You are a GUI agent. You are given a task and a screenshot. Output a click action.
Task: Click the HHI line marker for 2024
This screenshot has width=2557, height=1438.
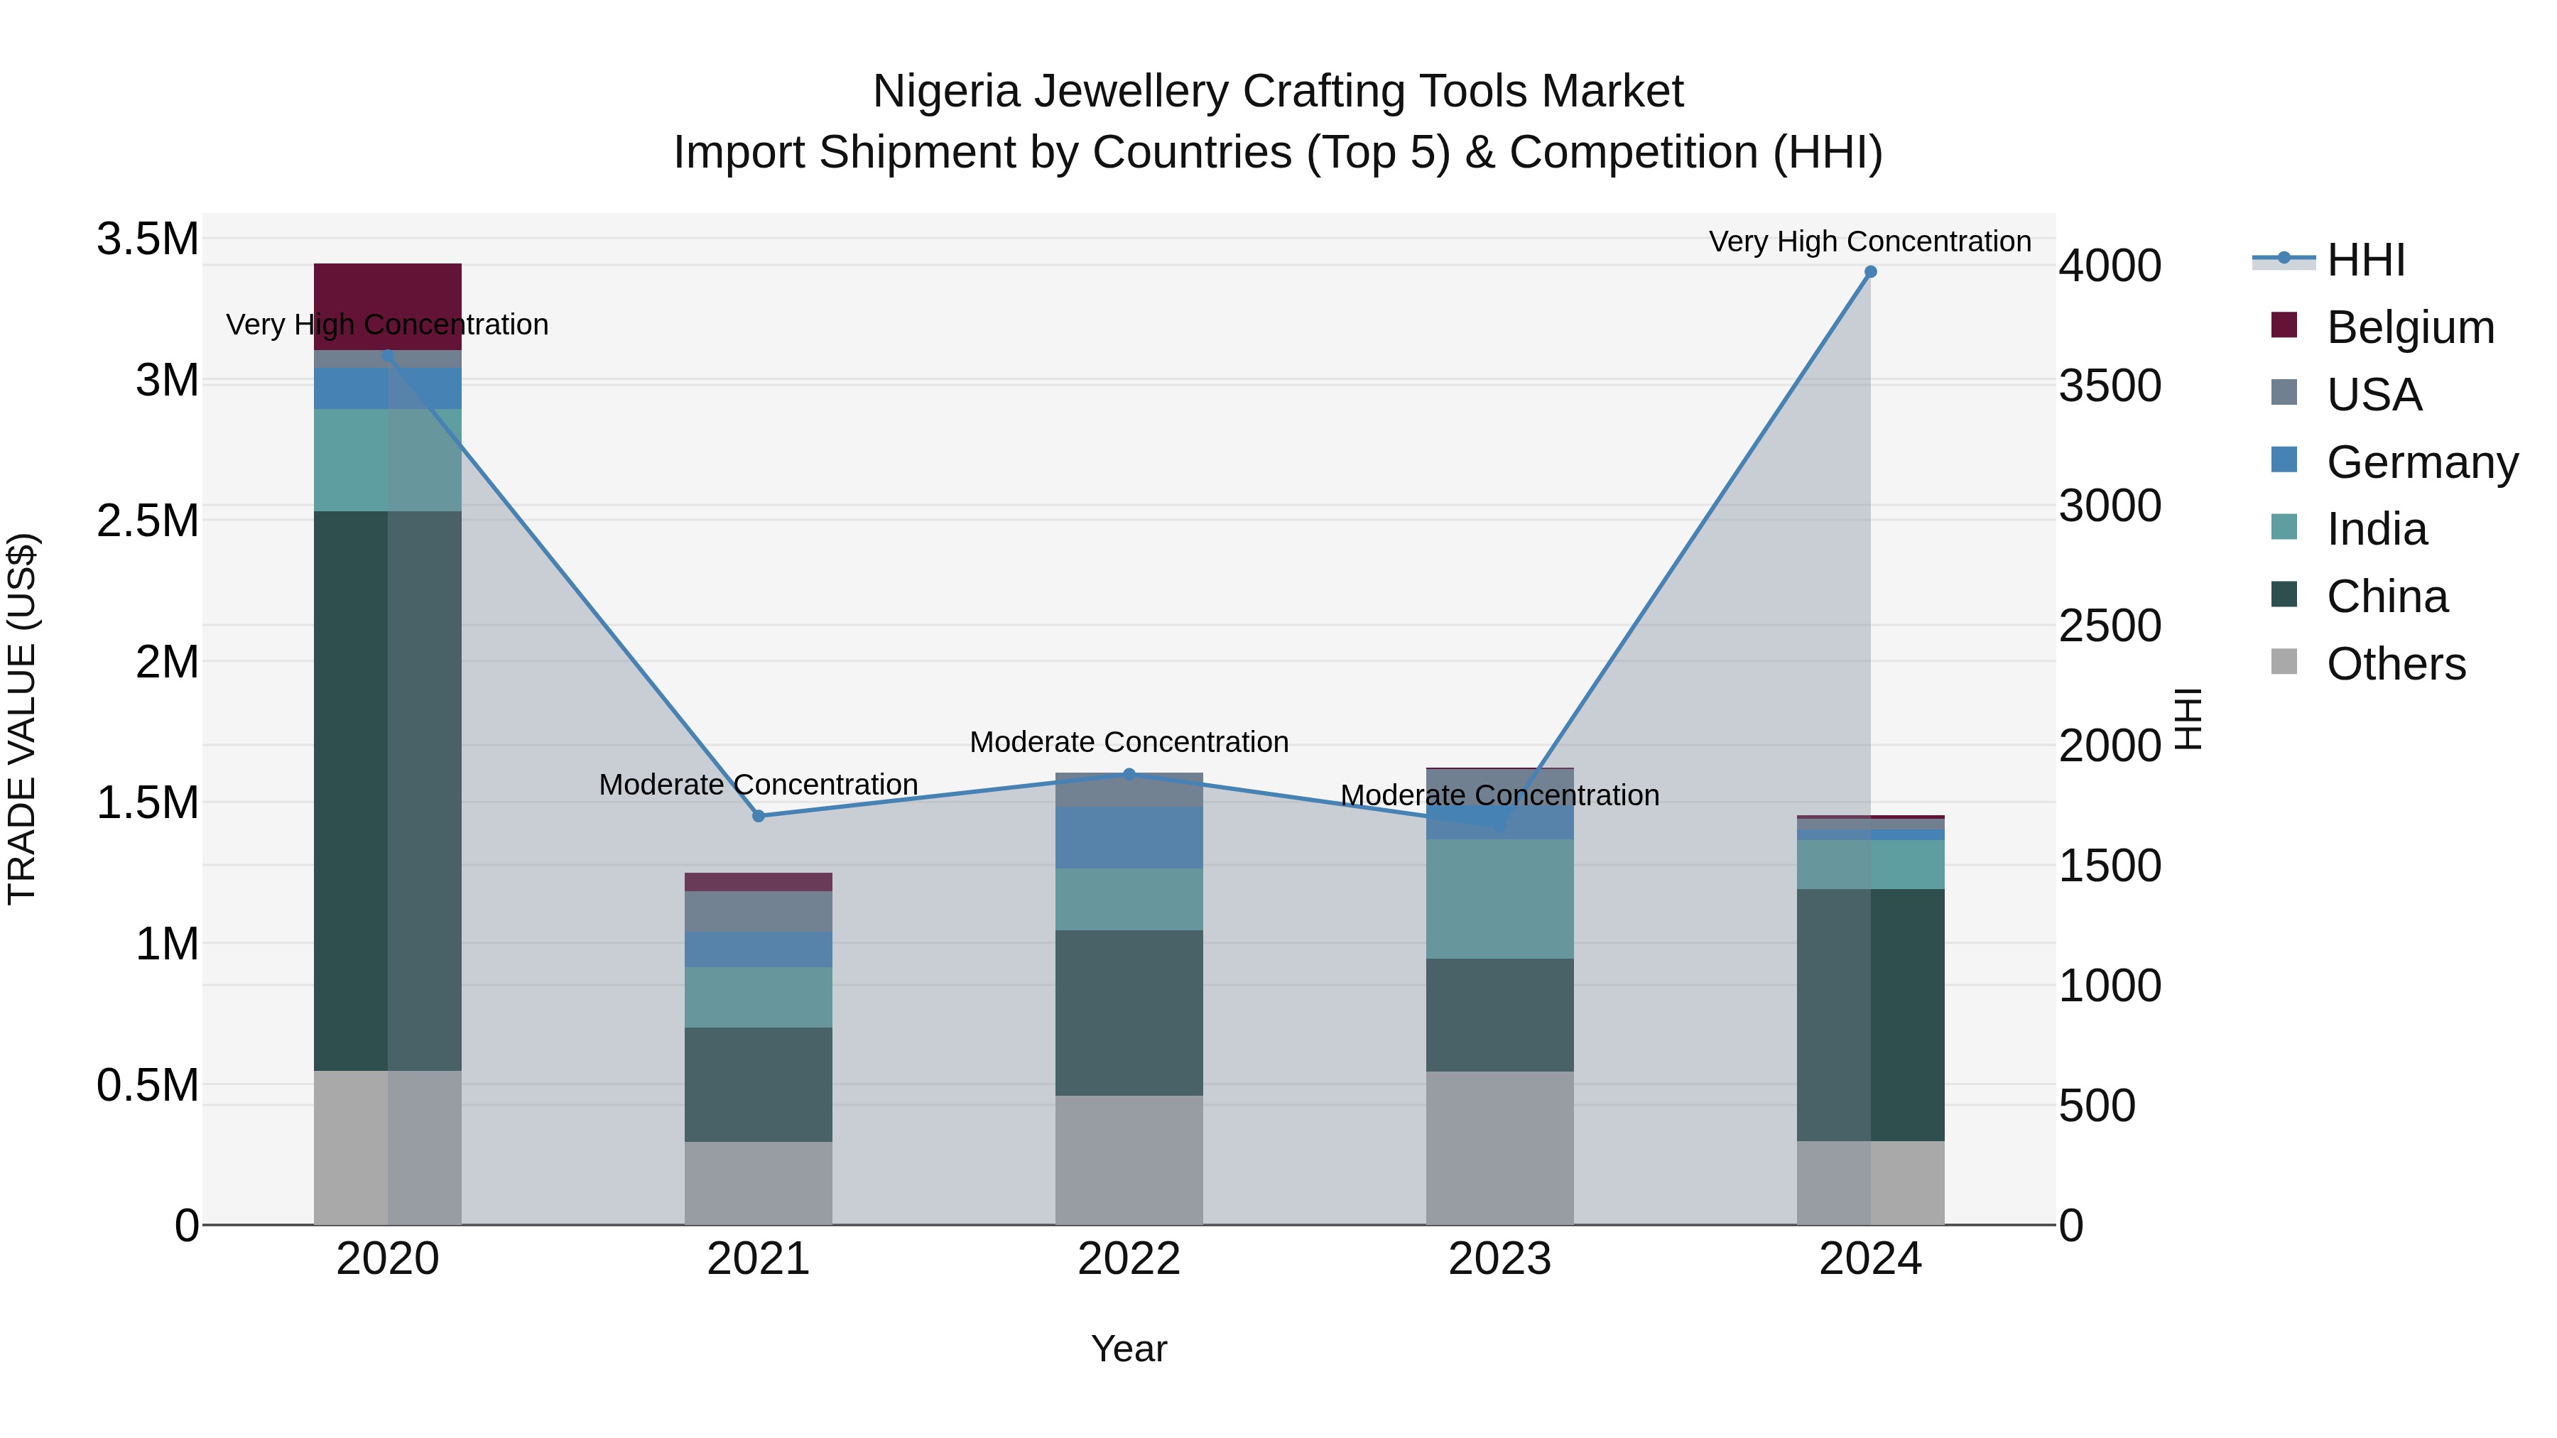[x=1870, y=272]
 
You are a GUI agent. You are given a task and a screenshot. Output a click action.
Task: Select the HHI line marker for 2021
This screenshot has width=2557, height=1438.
[x=759, y=816]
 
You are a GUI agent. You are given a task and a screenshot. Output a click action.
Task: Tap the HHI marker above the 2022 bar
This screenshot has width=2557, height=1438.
[x=1129, y=774]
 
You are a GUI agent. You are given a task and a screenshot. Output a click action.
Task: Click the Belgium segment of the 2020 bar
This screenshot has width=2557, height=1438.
[x=387, y=305]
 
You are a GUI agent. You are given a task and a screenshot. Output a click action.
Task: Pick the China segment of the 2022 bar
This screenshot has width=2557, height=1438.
[x=1129, y=1012]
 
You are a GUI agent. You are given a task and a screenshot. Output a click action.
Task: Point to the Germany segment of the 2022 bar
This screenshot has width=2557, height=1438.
[x=1129, y=838]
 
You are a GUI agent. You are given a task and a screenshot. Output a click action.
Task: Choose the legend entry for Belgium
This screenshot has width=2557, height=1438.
[x=2410, y=327]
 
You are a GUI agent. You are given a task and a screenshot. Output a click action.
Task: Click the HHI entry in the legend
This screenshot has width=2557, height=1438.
[x=2365, y=260]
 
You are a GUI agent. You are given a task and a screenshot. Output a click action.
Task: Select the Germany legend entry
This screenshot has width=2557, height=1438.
[x=2422, y=462]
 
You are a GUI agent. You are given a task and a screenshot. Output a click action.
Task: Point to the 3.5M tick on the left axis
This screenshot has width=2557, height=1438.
[x=147, y=239]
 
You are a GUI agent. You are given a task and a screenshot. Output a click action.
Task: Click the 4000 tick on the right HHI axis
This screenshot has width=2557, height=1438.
[x=2110, y=266]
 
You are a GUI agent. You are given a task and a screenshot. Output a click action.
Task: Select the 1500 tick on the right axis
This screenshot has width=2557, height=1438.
[x=2110, y=866]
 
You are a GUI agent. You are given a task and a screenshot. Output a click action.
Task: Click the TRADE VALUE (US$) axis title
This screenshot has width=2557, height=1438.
[x=22, y=719]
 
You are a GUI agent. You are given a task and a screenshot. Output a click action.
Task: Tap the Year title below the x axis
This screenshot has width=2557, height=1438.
[x=1129, y=1349]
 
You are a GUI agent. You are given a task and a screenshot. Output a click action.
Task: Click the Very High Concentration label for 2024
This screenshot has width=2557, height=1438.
[x=1870, y=241]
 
